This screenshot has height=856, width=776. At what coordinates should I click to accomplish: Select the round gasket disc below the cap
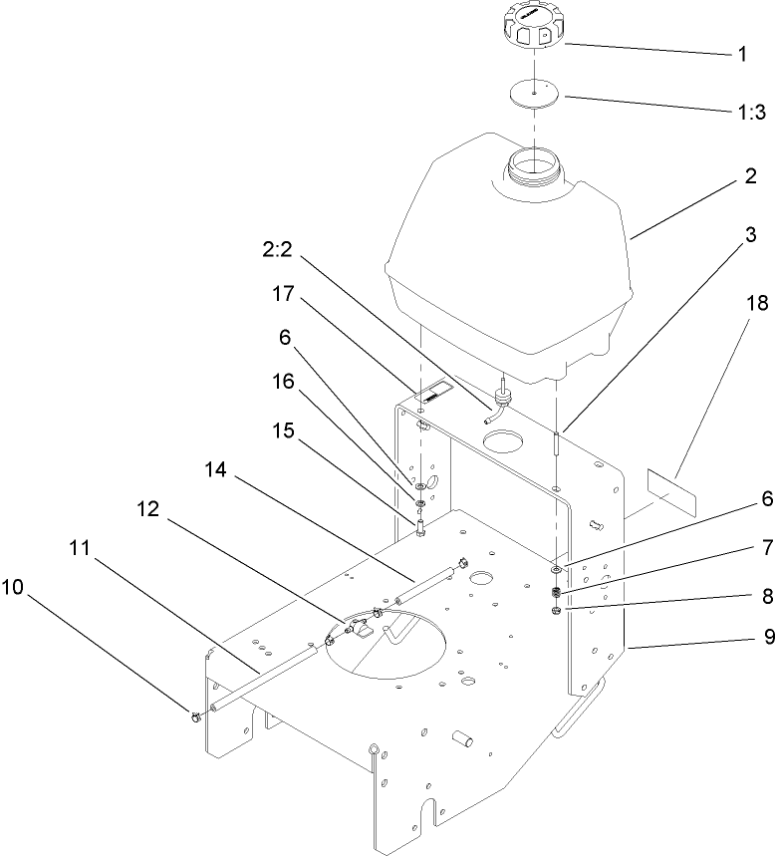click(x=535, y=93)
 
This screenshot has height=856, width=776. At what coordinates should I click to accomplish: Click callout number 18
click(x=756, y=303)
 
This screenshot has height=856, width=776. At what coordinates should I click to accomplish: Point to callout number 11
click(x=83, y=549)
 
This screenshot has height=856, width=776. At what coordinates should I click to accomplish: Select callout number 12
click(x=149, y=508)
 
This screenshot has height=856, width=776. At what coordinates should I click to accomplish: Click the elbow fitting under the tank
click(x=499, y=403)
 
